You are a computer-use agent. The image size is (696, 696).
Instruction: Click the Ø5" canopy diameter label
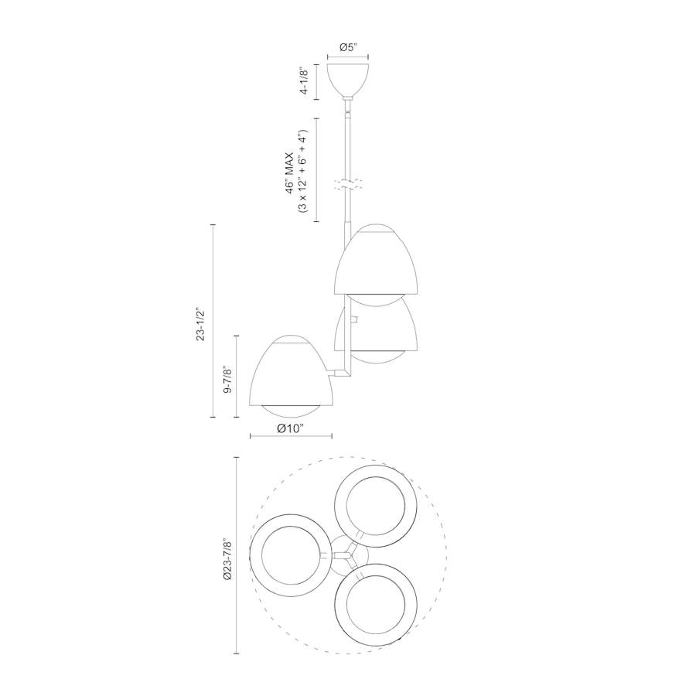(348, 47)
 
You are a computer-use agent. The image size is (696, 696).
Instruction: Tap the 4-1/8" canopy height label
(308, 81)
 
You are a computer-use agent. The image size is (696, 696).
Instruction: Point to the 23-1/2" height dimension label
(202, 324)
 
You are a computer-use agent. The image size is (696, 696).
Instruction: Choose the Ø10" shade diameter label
(291, 428)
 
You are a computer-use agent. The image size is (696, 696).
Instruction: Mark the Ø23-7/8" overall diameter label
(227, 554)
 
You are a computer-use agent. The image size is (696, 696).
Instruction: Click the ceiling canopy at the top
(348, 79)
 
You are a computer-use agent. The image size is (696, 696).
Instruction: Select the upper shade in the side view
(376, 263)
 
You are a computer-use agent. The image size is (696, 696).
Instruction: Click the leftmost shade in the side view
(290, 371)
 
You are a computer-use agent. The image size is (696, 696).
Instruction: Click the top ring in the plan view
(374, 507)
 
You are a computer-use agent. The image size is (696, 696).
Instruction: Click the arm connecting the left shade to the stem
(342, 374)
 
